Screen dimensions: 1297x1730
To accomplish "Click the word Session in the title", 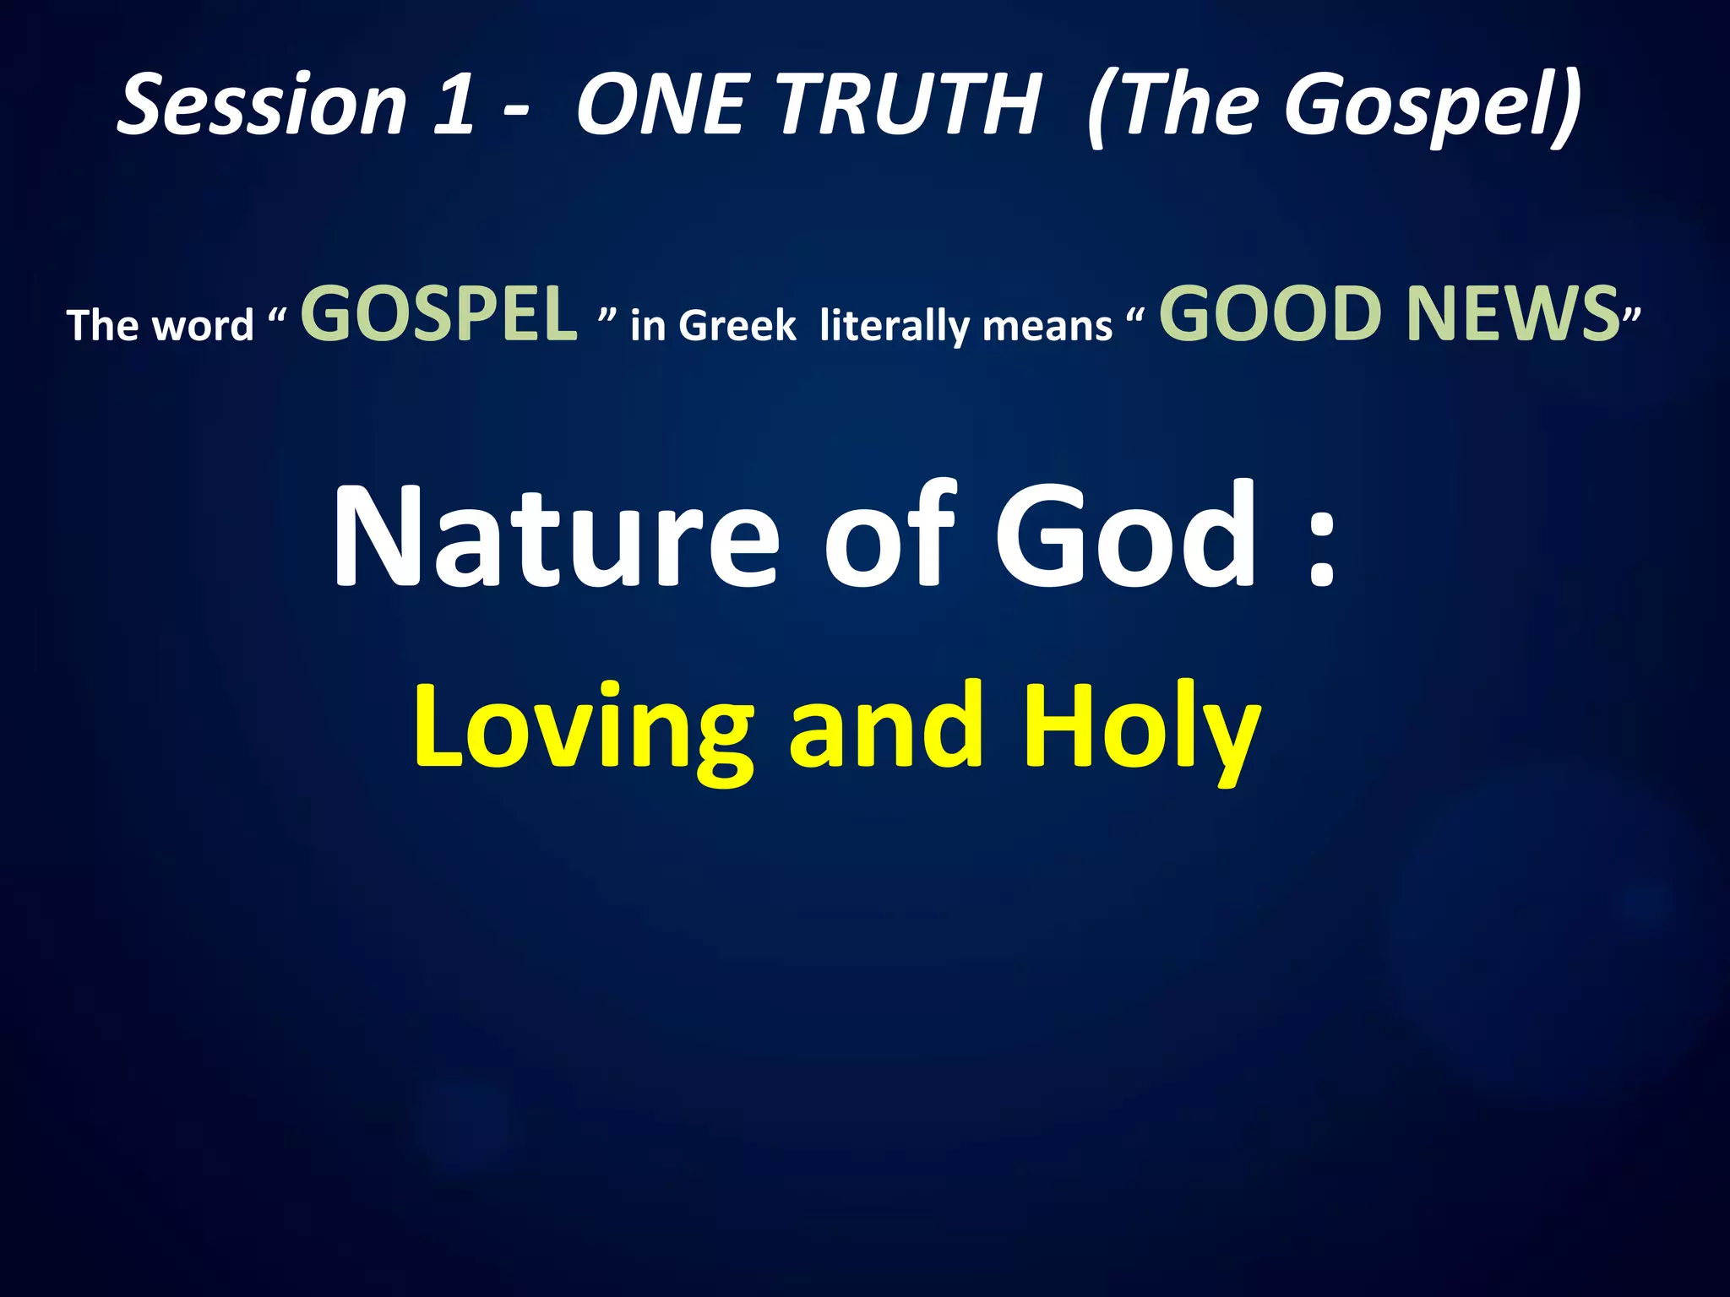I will (x=262, y=105).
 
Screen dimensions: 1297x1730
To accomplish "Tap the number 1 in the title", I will (x=454, y=105).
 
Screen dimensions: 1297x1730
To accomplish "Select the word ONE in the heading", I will (x=662, y=105).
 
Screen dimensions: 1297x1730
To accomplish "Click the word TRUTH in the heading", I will (x=907, y=105).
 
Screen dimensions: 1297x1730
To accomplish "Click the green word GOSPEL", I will (x=439, y=314).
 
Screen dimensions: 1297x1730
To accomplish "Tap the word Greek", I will (x=737, y=326).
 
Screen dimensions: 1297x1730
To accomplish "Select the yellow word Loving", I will (x=583, y=728).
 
